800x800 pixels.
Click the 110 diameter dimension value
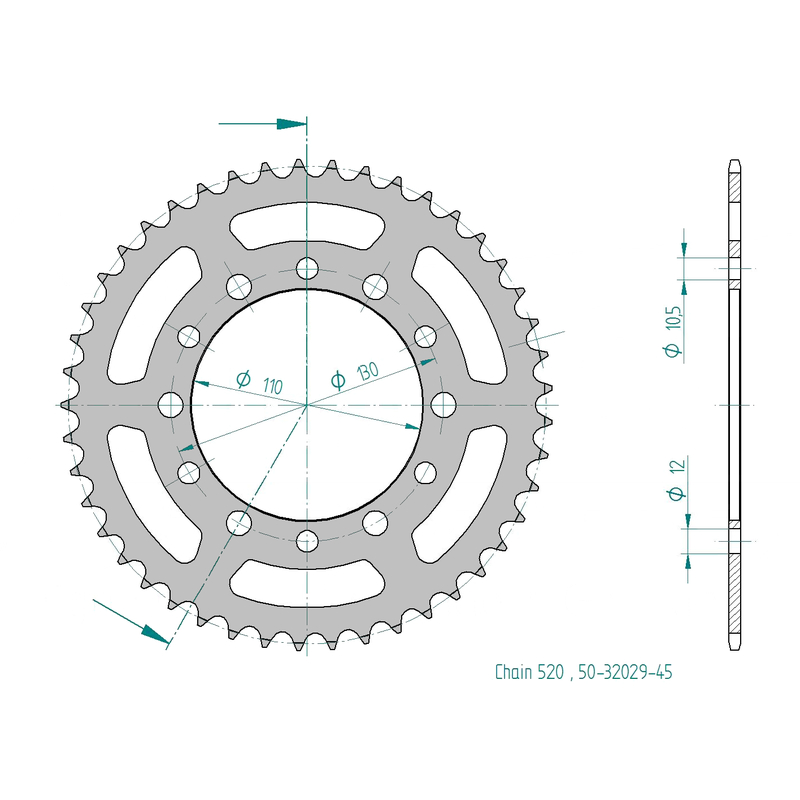(x=272, y=386)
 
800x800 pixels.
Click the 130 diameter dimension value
(x=367, y=371)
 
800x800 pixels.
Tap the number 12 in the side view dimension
(x=678, y=466)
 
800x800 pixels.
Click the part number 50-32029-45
(x=625, y=672)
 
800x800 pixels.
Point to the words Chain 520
(x=529, y=672)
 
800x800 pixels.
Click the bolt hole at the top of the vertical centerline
(x=307, y=268)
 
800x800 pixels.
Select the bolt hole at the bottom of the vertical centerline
(x=307, y=541)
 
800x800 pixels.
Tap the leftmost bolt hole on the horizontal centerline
(x=171, y=405)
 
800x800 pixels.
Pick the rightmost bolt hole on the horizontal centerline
(x=443, y=405)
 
